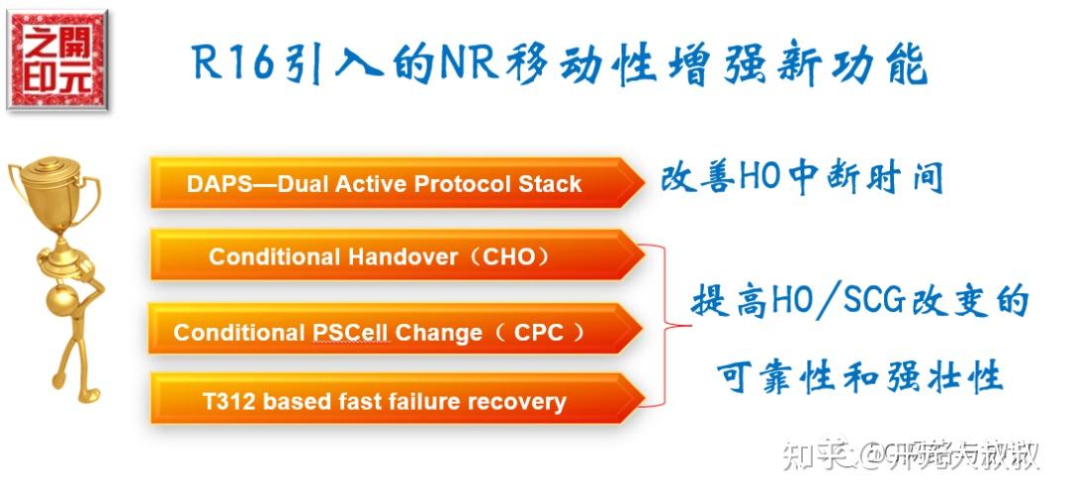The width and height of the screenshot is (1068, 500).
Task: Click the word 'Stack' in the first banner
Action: pyautogui.click(x=550, y=184)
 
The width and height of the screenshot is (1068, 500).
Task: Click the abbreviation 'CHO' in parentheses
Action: pyautogui.click(x=508, y=257)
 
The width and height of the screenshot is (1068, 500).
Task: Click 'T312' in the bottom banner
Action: pyautogui.click(x=229, y=402)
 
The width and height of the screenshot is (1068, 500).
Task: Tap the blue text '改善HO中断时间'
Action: pyautogui.click(x=800, y=178)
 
